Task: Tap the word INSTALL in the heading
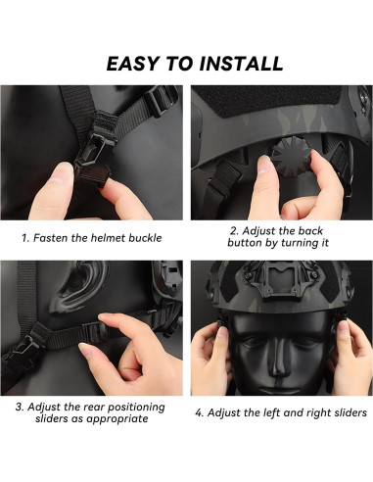pos(241,64)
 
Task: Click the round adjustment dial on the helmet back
pos(291,155)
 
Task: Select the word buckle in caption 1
pos(145,238)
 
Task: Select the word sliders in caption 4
pos(348,412)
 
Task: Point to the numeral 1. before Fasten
pos(25,238)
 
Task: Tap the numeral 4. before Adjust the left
pos(200,412)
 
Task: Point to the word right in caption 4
pos(314,412)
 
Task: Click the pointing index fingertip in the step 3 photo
pos(104,317)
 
